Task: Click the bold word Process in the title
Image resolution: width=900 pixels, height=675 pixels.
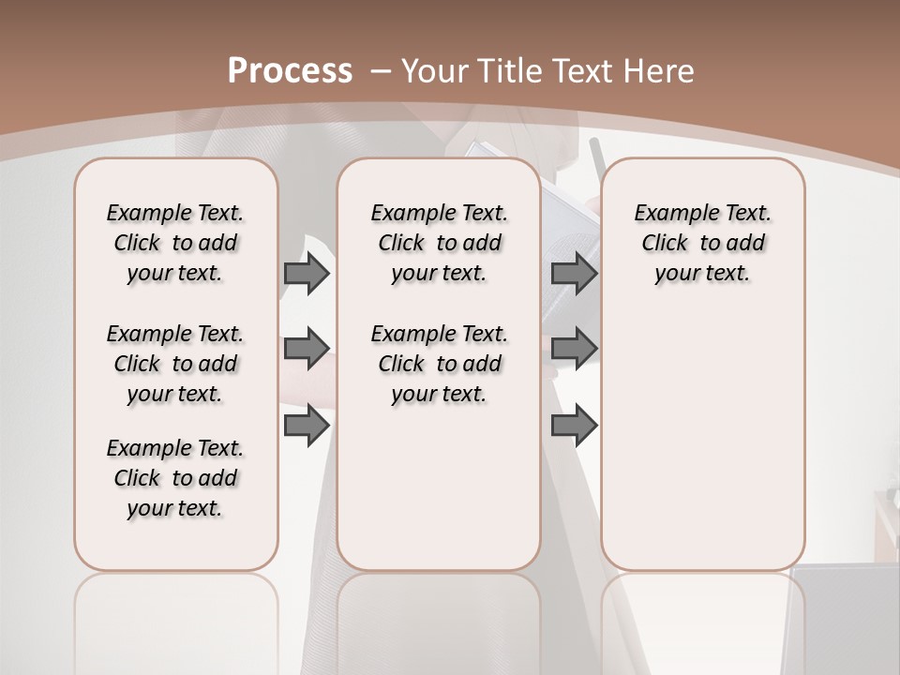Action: point(290,70)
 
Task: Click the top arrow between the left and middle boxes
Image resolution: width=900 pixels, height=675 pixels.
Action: point(307,274)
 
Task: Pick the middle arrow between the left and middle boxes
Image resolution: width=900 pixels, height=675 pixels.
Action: point(307,349)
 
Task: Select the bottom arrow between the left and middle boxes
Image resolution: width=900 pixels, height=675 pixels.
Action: point(307,425)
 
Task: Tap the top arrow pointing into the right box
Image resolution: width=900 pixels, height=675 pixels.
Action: point(574,274)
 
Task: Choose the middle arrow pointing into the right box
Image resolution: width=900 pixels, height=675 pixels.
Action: point(574,349)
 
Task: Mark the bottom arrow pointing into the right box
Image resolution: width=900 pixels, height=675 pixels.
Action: point(574,425)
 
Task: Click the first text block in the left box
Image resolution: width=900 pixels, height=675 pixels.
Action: point(175,243)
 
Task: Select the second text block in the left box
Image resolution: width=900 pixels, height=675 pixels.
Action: point(175,364)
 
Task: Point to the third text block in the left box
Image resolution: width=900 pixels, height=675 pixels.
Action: point(175,478)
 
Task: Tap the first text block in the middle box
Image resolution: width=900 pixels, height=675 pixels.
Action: point(439,243)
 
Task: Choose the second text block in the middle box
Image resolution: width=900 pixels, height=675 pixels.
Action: point(439,364)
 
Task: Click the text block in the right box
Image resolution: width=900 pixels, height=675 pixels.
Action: point(702,243)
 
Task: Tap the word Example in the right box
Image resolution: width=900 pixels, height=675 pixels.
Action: point(669,214)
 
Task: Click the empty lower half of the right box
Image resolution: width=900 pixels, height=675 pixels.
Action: point(702,450)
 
